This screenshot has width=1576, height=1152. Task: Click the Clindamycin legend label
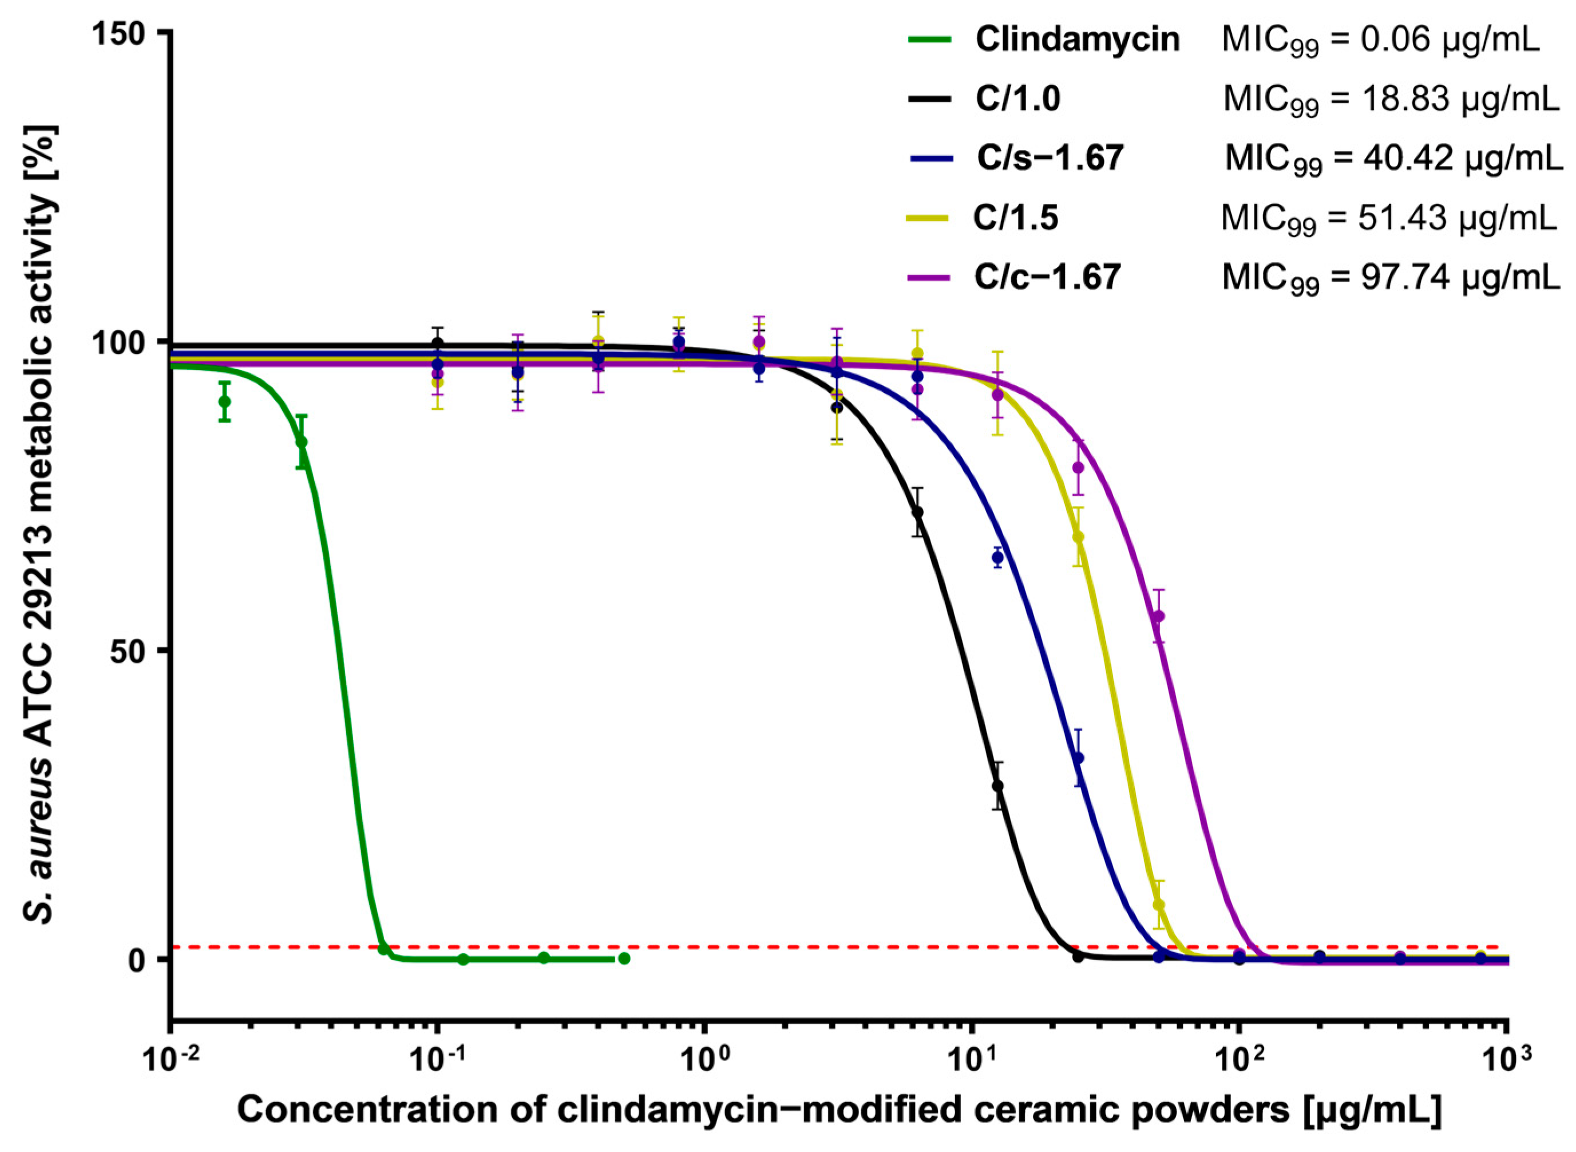tap(1077, 40)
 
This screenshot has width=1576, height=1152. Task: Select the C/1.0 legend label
tap(1017, 100)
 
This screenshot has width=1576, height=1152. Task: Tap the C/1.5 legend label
tap(1016, 218)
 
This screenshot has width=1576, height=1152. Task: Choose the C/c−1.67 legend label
tap(1047, 278)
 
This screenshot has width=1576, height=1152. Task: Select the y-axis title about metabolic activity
tap(43, 523)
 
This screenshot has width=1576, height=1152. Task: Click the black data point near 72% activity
tap(918, 512)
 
